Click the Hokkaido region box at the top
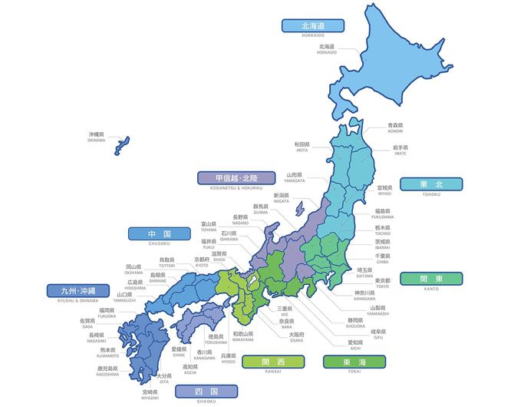click(x=313, y=25)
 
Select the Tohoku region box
click(x=432, y=184)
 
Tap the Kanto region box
click(x=432, y=278)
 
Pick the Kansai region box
click(x=272, y=362)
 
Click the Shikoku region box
click(x=206, y=392)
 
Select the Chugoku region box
click(x=159, y=233)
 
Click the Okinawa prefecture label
click(x=96, y=137)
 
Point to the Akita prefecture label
click(x=301, y=146)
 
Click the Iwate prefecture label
click(x=400, y=149)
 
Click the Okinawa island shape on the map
click(x=123, y=145)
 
